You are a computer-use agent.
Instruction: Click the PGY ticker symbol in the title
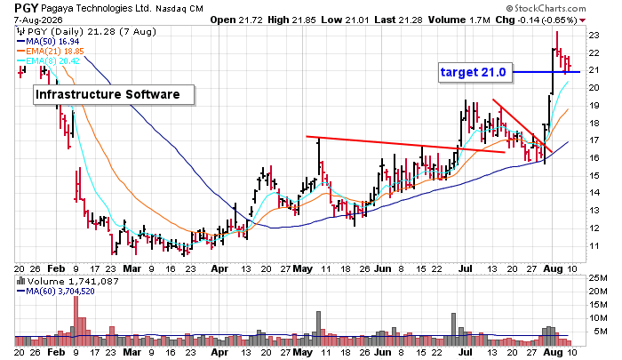click(x=26, y=8)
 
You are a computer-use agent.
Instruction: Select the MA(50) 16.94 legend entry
click(x=48, y=41)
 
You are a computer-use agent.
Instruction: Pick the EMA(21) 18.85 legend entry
click(x=51, y=52)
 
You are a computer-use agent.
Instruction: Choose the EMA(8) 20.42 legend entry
click(x=48, y=60)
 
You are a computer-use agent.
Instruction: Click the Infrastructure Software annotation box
click(x=114, y=94)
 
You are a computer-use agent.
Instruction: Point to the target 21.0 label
click(x=475, y=72)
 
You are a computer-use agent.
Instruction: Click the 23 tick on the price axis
click(x=594, y=36)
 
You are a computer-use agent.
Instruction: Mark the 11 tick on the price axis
click(x=594, y=245)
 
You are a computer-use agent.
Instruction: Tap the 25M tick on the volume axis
click(x=598, y=278)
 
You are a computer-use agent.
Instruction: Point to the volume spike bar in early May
click(x=318, y=329)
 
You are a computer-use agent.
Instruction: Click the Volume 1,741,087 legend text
click(x=68, y=282)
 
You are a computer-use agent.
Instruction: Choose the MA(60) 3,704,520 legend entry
click(x=56, y=292)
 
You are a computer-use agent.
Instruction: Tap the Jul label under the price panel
click(x=466, y=268)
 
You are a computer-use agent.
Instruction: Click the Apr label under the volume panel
click(x=219, y=352)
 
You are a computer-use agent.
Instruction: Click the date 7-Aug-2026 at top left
click(x=38, y=20)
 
